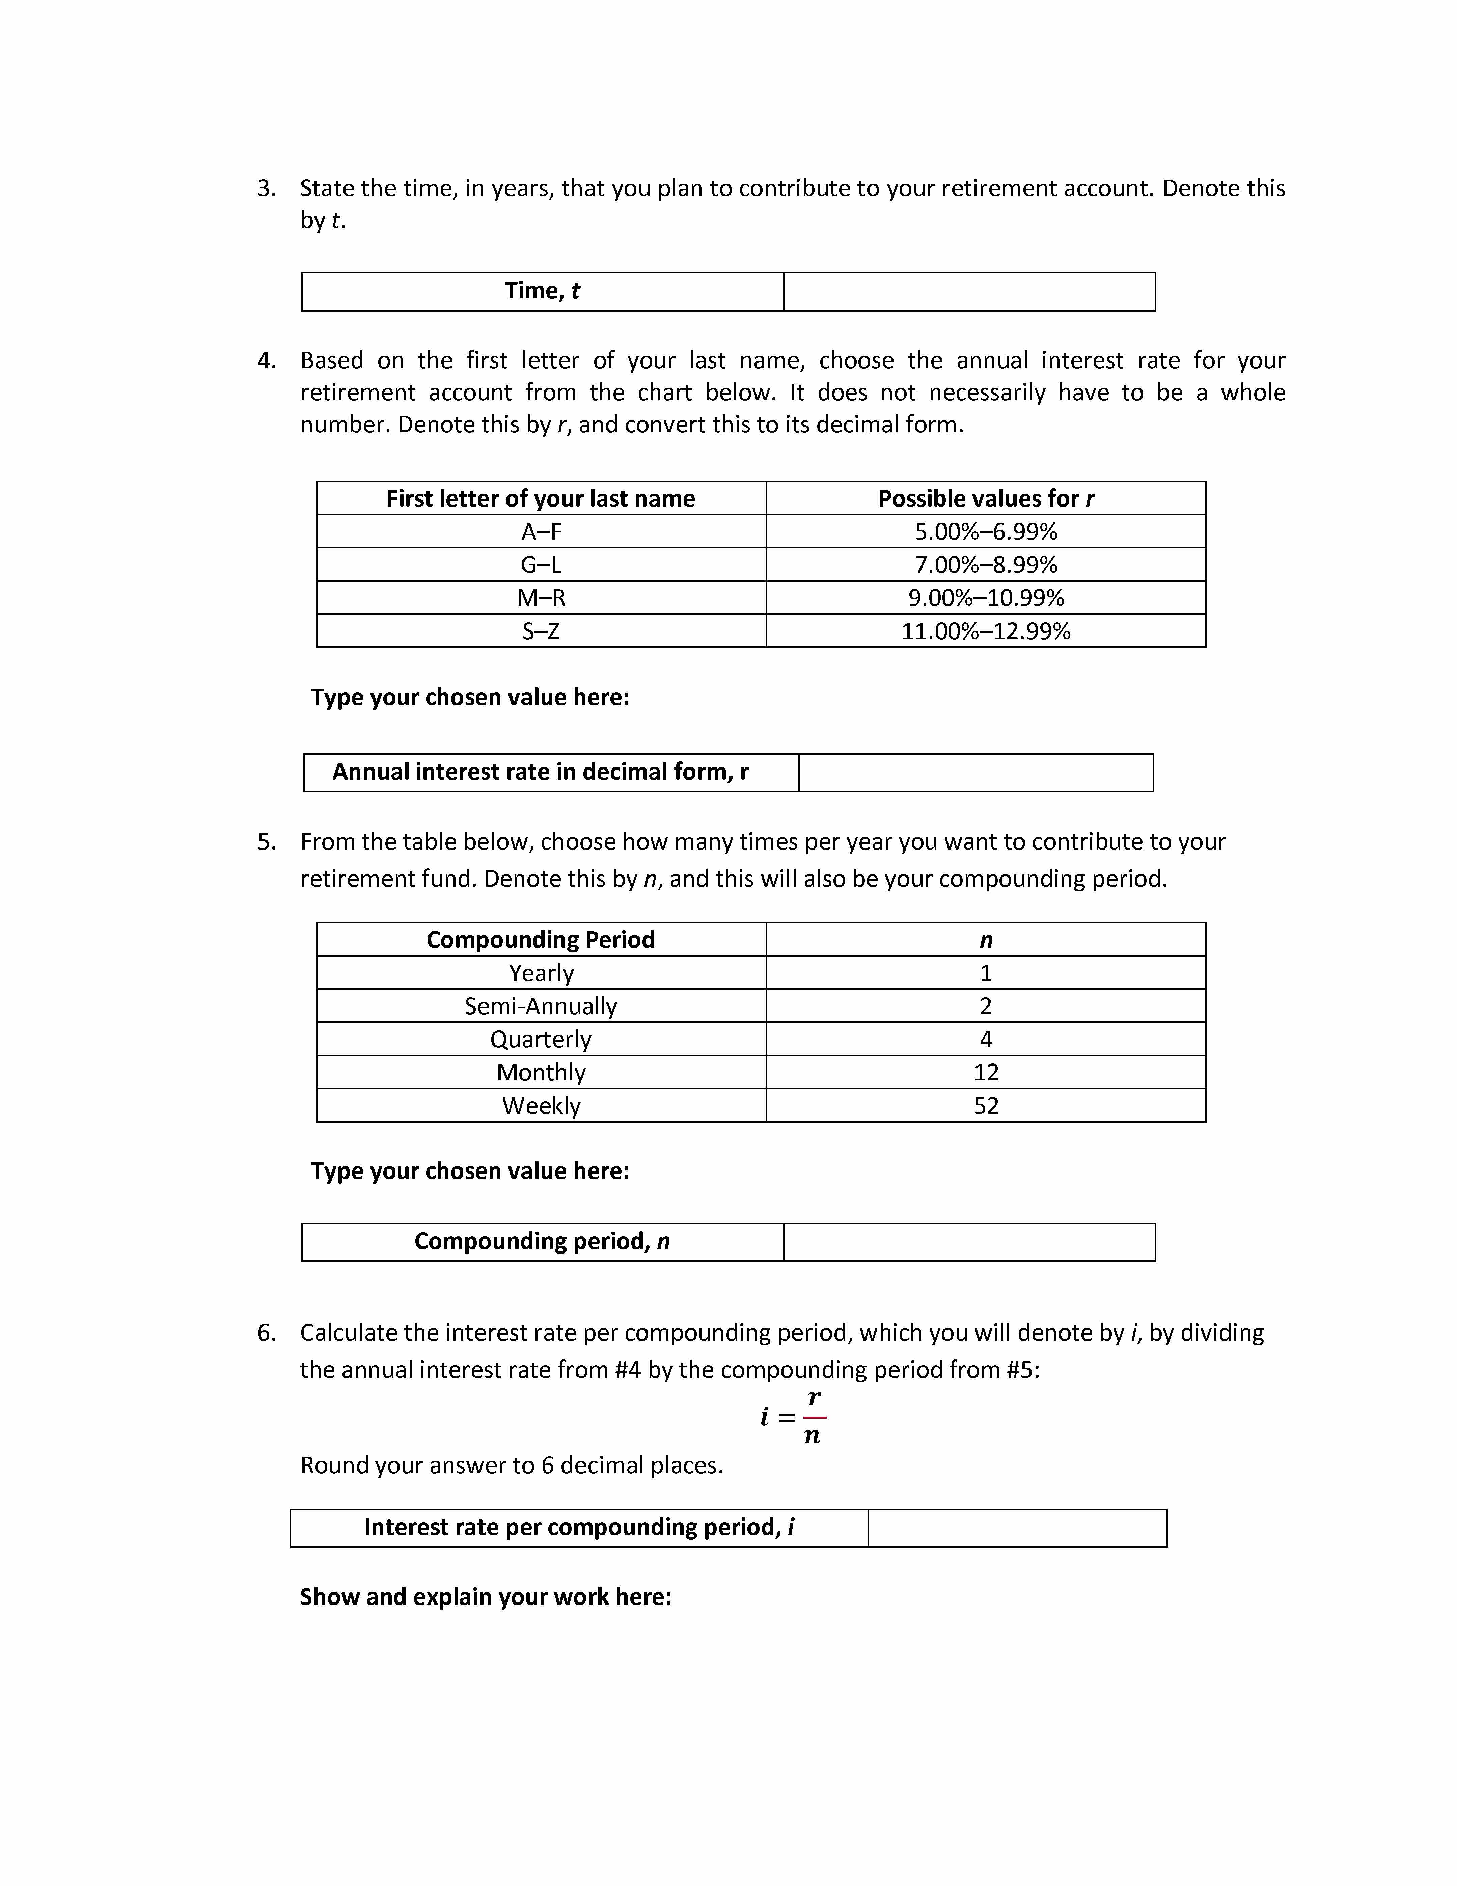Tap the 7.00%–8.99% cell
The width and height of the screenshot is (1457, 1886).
pyautogui.click(x=986, y=565)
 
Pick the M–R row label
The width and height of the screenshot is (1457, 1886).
pyautogui.click(x=541, y=598)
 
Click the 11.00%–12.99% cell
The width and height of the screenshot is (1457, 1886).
pyautogui.click(x=986, y=631)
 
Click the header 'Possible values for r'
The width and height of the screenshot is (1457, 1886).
pyautogui.click(x=986, y=498)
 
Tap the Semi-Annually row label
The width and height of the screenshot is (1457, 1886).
pyautogui.click(x=541, y=1006)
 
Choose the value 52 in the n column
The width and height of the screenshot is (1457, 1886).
pyautogui.click(x=986, y=1105)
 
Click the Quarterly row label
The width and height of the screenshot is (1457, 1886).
pyautogui.click(x=541, y=1039)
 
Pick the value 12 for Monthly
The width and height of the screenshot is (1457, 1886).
pyautogui.click(x=986, y=1073)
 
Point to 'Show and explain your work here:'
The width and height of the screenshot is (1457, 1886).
pyautogui.click(x=485, y=1597)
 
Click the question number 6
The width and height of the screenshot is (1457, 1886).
pyautogui.click(x=267, y=1332)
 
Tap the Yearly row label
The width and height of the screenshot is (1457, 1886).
pyautogui.click(x=541, y=973)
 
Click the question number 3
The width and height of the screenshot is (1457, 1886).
pyautogui.click(x=267, y=188)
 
